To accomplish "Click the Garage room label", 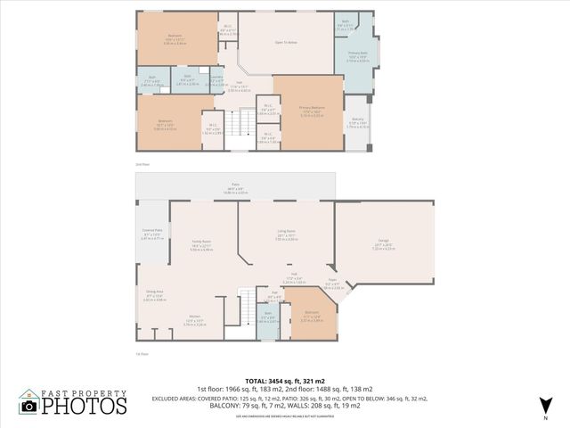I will (382, 247).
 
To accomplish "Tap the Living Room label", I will (286, 236).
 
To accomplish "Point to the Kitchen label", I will (195, 322).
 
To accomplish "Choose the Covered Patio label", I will (152, 236).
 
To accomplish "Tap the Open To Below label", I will (285, 42).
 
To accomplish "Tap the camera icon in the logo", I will (30, 407).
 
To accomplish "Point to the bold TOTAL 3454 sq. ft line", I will (284, 380).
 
